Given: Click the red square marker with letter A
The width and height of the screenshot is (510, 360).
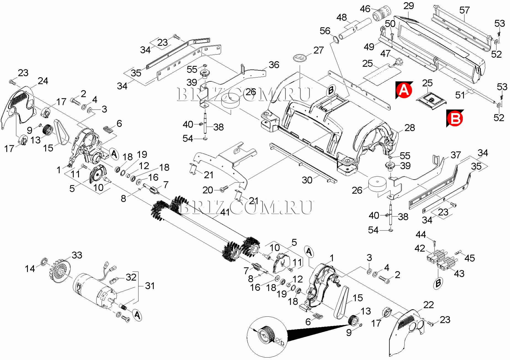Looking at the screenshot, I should (x=404, y=90).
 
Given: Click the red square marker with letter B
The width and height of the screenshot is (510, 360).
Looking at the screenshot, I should (x=455, y=119).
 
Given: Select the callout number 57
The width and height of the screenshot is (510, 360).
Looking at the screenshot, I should (x=464, y=10).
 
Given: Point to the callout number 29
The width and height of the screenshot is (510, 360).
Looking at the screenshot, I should (x=408, y=6).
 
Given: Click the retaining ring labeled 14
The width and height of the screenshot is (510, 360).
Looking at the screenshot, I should (x=44, y=262).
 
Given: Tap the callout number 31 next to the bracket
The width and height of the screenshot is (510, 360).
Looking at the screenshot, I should (x=150, y=286).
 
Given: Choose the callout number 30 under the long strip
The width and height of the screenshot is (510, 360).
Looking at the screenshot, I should (x=307, y=180).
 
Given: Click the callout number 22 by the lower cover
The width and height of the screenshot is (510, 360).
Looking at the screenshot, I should (x=428, y=305).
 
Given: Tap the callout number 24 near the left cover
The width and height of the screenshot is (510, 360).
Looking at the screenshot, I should (x=43, y=81).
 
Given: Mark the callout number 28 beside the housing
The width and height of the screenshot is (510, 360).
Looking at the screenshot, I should (x=410, y=128).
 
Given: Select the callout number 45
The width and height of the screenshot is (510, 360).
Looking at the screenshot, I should (x=469, y=258).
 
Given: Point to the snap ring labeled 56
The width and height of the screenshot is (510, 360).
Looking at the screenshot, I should (x=335, y=40).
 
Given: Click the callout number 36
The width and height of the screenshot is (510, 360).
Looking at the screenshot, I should (x=274, y=65).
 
